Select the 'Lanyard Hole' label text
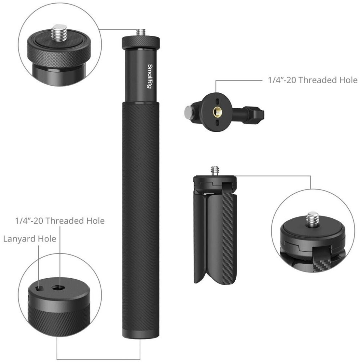pos(30,239)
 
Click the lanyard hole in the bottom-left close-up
pos(39,288)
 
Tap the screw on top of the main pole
pos(141,32)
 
